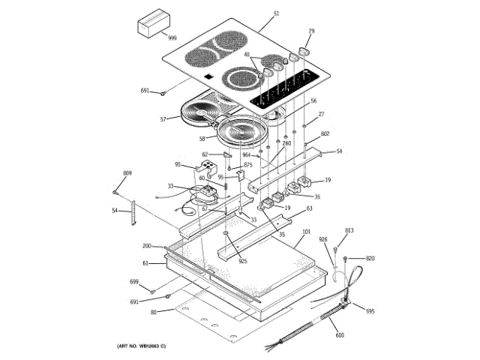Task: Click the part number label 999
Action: point(172,37)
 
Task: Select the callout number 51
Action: point(276,14)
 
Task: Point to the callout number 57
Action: point(163,119)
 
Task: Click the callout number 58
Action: point(202,139)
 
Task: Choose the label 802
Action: point(325,135)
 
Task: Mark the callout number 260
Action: point(286,143)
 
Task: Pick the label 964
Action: point(246,155)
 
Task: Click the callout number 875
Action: point(247,166)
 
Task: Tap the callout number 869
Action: point(127,174)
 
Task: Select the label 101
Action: point(306,233)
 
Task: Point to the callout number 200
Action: point(147,246)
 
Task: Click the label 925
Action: point(242,261)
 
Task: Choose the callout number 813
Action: point(349,231)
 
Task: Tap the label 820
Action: point(370,258)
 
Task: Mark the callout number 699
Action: point(134,281)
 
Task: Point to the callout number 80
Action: point(153,312)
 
